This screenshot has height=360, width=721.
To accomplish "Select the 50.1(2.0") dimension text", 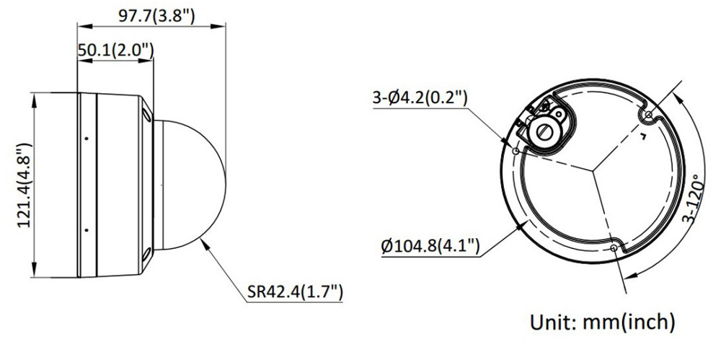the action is point(115,50).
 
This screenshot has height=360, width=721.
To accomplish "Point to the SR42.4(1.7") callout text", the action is point(295,291).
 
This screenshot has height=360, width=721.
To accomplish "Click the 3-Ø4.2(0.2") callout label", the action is point(420,98).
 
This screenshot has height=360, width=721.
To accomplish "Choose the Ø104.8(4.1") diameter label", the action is point(430,246).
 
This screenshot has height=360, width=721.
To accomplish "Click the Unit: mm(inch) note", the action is point(603,322).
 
